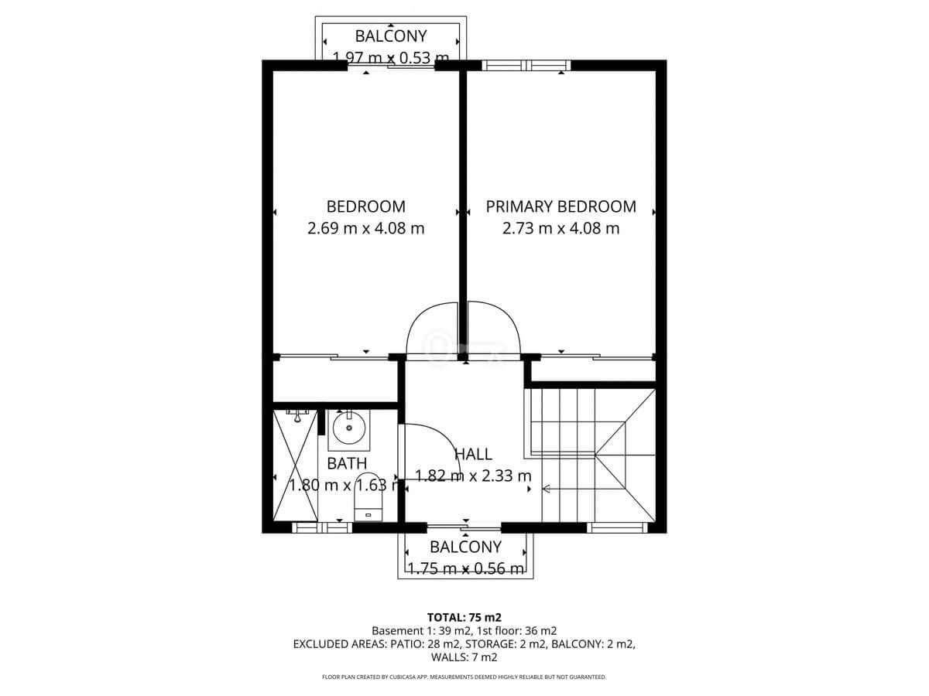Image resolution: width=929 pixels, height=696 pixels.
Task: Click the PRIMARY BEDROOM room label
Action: (x=560, y=206)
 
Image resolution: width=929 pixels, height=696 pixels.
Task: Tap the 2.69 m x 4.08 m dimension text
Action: (x=365, y=229)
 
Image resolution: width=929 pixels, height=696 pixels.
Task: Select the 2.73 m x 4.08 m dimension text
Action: (x=560, y=229)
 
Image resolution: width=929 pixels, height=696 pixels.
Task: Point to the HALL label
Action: (x=473, y=454)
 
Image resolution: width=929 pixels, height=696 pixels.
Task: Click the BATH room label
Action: (x=347, y=463)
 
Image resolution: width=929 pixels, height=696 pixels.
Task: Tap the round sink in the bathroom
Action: (x=349, y=428)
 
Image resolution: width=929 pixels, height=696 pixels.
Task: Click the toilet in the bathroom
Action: (x=368, y=497)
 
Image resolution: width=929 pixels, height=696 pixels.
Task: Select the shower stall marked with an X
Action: (x=296, y=466)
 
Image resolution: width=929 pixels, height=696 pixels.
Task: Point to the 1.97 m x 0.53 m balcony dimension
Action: (x=390, y=58)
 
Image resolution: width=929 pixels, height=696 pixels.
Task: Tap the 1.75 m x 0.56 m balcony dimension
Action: (x=465, y=569)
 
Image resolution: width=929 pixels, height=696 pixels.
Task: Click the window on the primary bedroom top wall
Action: (x=526, y=66)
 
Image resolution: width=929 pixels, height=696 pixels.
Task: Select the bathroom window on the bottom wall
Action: (x=322, y=527)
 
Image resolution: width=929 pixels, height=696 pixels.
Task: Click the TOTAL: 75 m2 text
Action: (x=464, y=617)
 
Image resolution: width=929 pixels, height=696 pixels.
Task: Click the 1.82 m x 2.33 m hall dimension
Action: (x=473, y=476)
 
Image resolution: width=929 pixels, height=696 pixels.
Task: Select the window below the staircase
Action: (x=617, y=527)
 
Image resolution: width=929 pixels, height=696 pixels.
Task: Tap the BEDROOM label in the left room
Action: (x=365, y=206)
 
